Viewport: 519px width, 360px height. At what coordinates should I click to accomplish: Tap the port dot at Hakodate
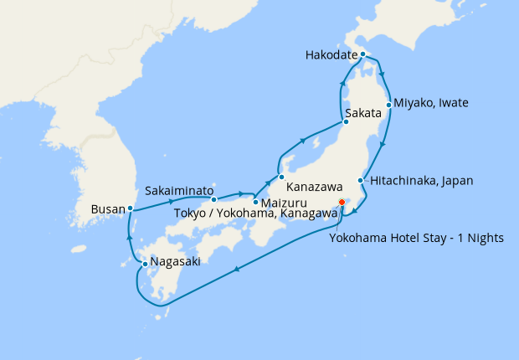click(x=362, y=55)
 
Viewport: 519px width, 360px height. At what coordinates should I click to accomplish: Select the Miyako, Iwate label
click(x=431, y=103)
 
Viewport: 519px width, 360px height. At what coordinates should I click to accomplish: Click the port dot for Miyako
click(x=388, y=105)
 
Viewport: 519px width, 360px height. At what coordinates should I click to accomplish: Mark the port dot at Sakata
click(x=346, y=122)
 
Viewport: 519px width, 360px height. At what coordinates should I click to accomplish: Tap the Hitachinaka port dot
click(x=361, y=181)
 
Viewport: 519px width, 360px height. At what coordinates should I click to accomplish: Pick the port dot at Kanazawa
click(x=281, y=177)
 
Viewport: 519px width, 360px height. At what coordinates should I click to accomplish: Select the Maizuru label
click(x=283, y=203)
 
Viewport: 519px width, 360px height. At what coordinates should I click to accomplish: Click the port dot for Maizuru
click(x=255, y=203)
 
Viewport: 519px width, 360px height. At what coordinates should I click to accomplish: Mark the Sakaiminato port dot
click(x=214, y=199)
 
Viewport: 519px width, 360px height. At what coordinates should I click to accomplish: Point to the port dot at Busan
click(x=130, y=208)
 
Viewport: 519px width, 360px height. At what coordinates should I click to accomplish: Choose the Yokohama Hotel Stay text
click(x=416, y=238)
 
